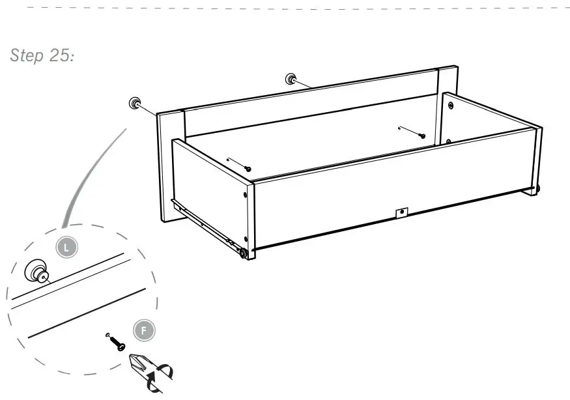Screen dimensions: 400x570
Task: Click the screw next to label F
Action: pos(117,343)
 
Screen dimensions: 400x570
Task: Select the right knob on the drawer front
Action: pos(291,79)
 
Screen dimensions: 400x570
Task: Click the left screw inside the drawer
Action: pos(248,169)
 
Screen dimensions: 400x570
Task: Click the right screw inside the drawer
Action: pos(421,136)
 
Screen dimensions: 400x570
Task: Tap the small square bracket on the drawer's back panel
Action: pos(401,212)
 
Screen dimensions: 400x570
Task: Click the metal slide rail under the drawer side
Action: pos(202,223)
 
